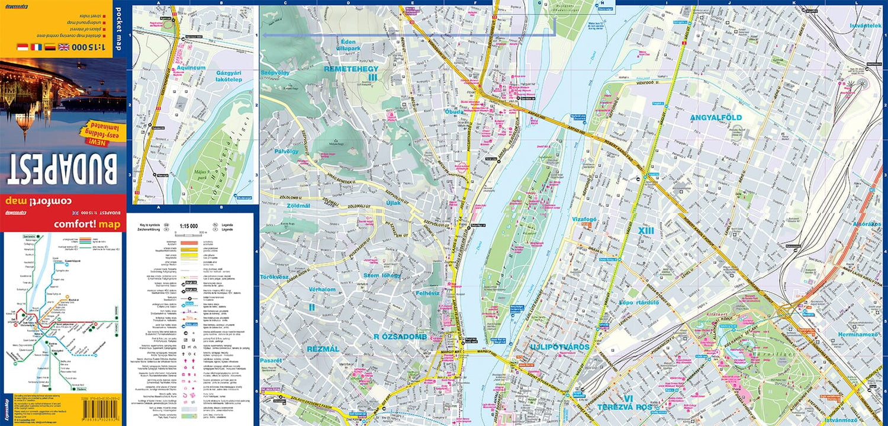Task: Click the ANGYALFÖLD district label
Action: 716,117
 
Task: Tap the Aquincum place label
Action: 190,68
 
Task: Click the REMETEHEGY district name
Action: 351,69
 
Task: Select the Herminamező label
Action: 858,335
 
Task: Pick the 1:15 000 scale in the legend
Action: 188,225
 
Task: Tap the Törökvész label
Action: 275,277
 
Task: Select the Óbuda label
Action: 454,111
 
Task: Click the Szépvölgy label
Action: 275,72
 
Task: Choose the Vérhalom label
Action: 322,289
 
